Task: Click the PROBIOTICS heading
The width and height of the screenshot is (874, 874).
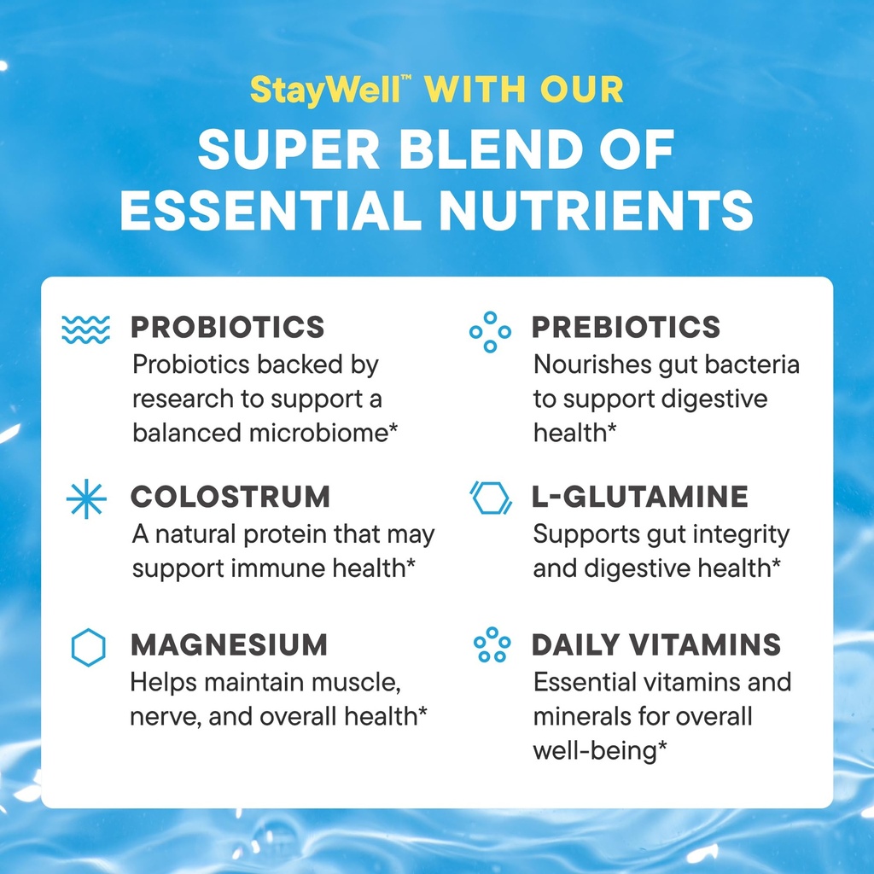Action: [x=228, y=327]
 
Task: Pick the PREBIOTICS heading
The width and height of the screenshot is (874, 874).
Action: [x=626, y=327]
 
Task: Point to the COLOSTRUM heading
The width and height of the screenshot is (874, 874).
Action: [x=230, y=497]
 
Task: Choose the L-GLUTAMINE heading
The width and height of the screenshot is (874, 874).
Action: [x=640, y=497]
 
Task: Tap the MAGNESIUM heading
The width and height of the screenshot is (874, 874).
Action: [x=229, y=645]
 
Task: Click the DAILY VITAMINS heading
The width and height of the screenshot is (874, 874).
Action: [x=656, y=645]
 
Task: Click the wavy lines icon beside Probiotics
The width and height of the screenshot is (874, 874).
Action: [x=86, y=329]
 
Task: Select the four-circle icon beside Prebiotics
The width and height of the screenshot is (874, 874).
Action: [x=490, y=331]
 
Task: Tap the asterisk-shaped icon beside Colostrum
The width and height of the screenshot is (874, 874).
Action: [x=86, y=500]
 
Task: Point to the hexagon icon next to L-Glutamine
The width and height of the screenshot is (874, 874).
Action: [x=491, y=498]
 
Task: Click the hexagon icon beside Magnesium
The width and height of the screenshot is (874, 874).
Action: [x=88, y=648]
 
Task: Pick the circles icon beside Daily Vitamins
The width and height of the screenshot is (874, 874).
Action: [x=492, y=644]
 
